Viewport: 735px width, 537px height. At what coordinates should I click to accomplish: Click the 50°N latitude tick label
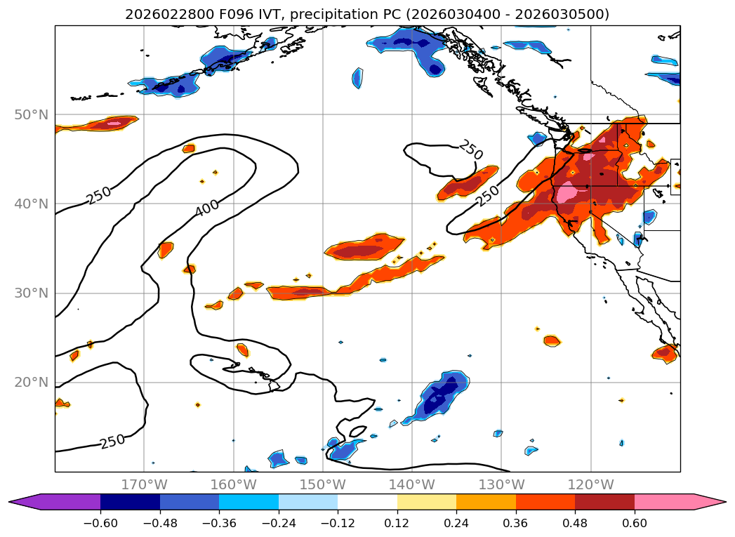coord(31,115)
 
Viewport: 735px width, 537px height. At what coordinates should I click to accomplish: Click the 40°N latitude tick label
coord(31,204)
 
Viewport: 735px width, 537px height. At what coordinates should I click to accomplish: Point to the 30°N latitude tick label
coord(31,293)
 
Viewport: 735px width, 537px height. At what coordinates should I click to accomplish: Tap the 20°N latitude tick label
coord(31,383)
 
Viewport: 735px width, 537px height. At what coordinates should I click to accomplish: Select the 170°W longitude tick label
coord(144,484)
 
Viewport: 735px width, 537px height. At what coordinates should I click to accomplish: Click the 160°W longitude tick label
coord(233,484)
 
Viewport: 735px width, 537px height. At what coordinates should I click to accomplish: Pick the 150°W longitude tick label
coord(322,484)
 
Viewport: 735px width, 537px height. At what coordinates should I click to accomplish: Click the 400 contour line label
coord(207,206)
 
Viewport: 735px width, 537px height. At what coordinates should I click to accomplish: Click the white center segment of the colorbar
coord(367,502)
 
